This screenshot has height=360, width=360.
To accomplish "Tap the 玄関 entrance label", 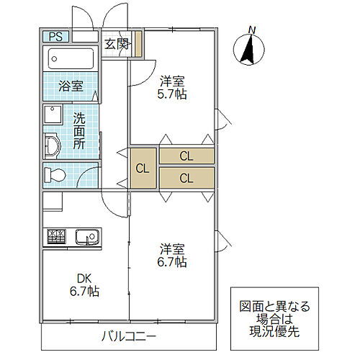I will (x=116, y=44).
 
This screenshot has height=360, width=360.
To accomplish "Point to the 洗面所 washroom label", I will (x=78, y=130).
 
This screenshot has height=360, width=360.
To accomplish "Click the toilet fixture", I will (x=56, y=174).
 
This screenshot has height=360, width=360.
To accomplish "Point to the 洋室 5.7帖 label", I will (x=172, y=87).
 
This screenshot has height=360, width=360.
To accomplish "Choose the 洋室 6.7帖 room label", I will (x=172, y=256).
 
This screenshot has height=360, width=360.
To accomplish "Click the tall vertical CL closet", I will (x=142, y=169).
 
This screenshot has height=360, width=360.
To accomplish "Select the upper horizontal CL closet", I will (x=186, y=156).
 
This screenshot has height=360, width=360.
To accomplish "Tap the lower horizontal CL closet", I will (x=186, y=178).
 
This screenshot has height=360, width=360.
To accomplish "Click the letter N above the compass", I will (x=251, y=29).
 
